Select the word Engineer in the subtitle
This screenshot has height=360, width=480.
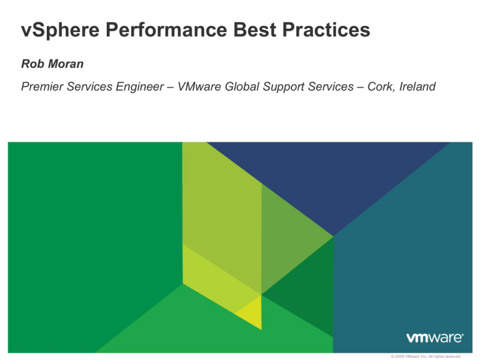point(139,87)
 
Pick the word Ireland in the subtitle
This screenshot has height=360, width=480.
point(414,87)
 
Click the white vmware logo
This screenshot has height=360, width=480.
point(434,337)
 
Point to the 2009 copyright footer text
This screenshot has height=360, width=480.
point(424,356)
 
